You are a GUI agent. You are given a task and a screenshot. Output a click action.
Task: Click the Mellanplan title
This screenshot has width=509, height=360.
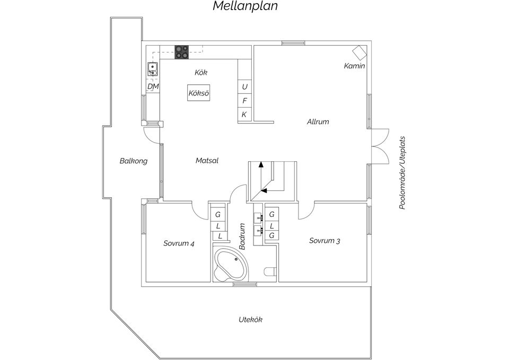245,6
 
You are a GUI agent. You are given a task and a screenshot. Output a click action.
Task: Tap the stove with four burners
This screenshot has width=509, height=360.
182,51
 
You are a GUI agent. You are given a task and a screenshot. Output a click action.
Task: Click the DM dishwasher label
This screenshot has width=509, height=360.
153,86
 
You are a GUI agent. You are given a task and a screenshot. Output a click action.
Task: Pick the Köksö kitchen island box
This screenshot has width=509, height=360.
199,93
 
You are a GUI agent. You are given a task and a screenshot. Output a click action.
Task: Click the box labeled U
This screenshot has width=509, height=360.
244,86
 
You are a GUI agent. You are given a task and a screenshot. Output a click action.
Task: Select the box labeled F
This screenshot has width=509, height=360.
244,101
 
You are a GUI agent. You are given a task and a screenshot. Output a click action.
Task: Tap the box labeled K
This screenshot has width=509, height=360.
244,115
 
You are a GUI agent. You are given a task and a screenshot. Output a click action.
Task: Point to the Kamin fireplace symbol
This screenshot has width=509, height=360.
359,52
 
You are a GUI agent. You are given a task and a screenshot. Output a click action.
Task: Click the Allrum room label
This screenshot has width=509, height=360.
318,122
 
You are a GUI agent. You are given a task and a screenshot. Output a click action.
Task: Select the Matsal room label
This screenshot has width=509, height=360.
207,161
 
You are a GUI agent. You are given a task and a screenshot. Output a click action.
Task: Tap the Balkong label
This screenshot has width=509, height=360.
133,161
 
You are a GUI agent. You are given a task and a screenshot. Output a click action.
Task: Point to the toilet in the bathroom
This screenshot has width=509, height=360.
270,273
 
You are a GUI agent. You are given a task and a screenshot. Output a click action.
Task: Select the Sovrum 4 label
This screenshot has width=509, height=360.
179,244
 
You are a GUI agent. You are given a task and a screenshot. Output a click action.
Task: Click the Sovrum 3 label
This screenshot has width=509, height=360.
324,241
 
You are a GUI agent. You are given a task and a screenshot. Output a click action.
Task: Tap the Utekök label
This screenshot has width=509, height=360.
250,320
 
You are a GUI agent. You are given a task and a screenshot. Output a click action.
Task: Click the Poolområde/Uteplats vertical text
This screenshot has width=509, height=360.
402,172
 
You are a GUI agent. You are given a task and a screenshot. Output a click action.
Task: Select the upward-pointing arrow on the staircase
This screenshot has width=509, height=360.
261,165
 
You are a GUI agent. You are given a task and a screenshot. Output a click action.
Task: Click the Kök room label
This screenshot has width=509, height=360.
201,72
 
